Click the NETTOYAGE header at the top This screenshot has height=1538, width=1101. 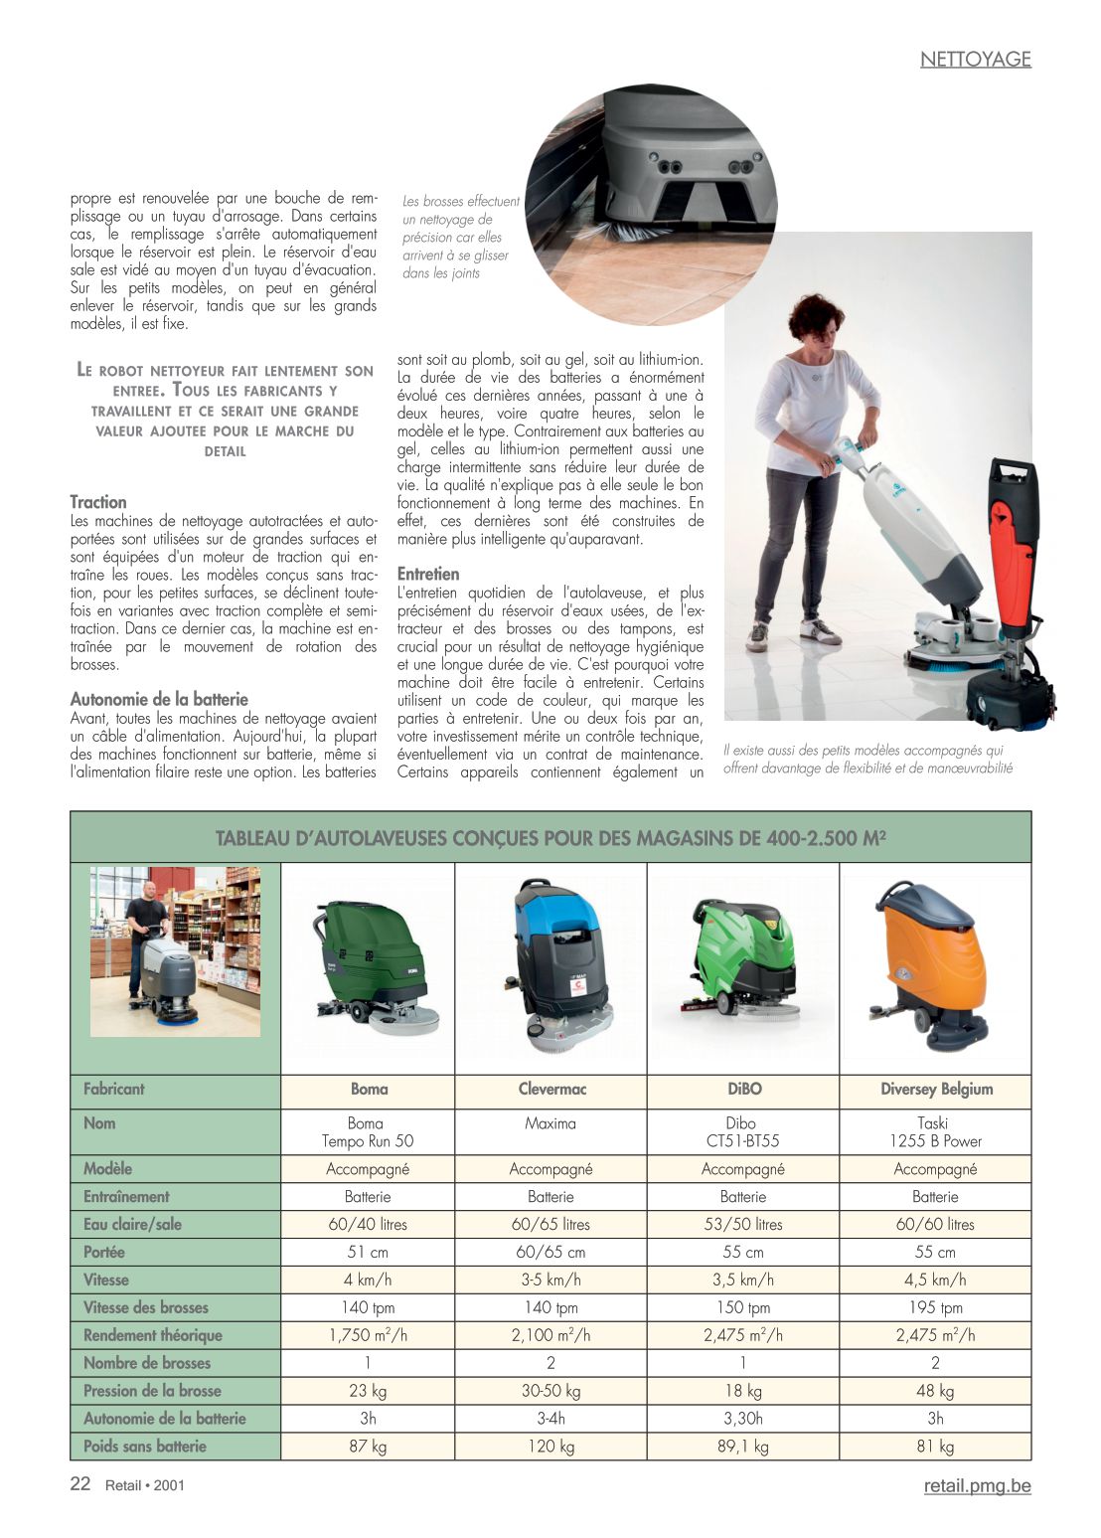[x=975, y=59]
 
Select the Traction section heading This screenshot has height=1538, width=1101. [x=98, y=502]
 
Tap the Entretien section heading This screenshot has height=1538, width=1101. [x=428, y=574]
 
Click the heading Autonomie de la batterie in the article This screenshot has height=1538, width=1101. [x=159, y=699]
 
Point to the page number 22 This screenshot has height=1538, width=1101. [x=80, y=1484]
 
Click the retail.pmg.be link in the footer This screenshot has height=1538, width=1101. [x=977, y=1485]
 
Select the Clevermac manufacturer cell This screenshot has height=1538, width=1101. [x=551, y=1089]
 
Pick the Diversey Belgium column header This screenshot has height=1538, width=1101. [x=936, y=1089]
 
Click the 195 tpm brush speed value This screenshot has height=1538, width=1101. [x=935, y=1307]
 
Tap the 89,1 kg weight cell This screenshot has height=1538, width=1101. [x=743, y=1447]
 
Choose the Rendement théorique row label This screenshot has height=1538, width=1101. [x=153, y=1335]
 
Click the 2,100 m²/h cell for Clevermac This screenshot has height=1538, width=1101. [x=550, y=1335]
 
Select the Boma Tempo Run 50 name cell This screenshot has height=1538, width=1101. [x=368, y=1131]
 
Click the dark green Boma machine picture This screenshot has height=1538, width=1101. [x=372, y=964]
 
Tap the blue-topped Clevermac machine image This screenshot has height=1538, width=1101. [x=557, y=964]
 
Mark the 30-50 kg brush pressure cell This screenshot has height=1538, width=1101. [x=550, y=1391]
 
